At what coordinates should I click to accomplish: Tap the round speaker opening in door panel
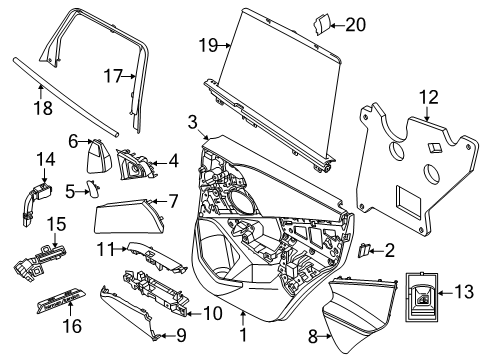[x=240, y=203]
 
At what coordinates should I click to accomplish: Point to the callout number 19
[x=208, y=44]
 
